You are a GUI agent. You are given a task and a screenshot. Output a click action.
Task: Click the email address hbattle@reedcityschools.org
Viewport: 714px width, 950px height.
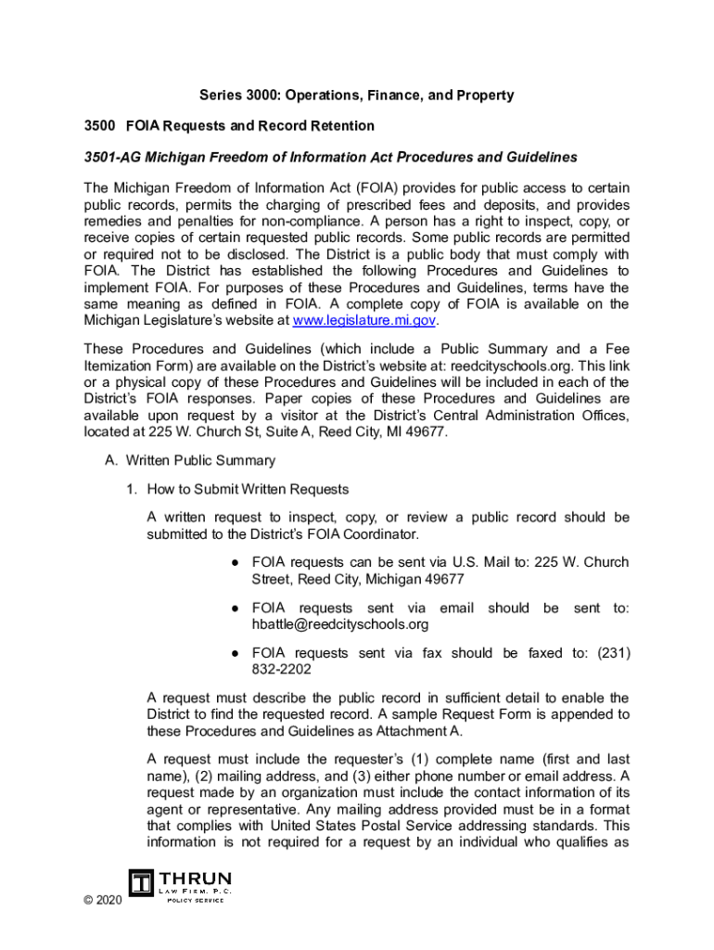[x=340, y=624]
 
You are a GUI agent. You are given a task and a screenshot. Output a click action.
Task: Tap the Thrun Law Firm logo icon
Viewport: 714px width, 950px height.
[x=142, y=884]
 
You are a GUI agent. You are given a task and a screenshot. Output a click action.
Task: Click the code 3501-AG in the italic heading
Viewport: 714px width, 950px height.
[x=114, y=157]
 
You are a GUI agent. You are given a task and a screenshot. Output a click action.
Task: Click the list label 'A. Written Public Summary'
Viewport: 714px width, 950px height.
[x=189, y=461]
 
